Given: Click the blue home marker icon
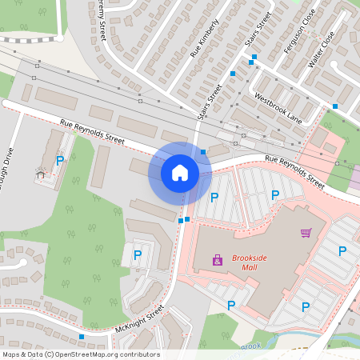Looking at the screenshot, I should pyautogui.click(x=180, y=172).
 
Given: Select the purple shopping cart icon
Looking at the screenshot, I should pyautogui.click(x=306, y=233).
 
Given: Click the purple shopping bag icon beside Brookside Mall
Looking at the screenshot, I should pyautogui.click(x=218, y=259).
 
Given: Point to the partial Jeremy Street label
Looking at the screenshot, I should pyautogui.click(x=101, y=19).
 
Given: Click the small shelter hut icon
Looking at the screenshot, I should pyautogui.click(x=40, y=174).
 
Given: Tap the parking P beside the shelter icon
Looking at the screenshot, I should pyautogui.click(x=60, y=161).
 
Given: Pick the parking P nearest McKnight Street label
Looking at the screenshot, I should pyautogui.click(x=137, y=255).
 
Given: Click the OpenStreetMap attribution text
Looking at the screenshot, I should pyautogui.click(x=81, y=354).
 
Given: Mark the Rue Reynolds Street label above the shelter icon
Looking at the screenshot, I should pyautogui.click(x=93, y=130).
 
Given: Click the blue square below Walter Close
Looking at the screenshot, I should pyautogui.click(x=335, y=106).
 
